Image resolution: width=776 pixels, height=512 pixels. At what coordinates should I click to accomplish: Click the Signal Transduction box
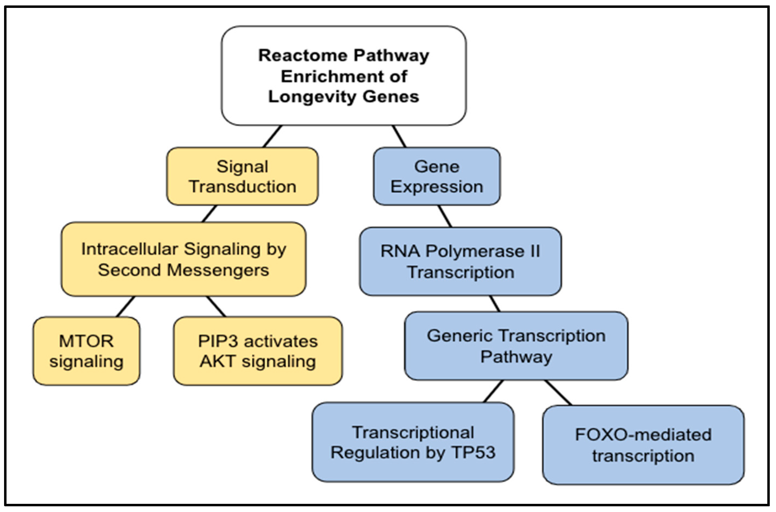pos(242,176)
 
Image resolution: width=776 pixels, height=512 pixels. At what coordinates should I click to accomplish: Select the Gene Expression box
pos(437,176)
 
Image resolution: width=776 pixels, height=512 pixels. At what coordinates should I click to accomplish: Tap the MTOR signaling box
pos(86,351)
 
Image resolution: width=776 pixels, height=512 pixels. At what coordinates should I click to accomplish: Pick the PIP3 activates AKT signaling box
pos(258,351)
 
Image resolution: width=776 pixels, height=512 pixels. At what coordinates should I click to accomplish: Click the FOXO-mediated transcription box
pos(643,445)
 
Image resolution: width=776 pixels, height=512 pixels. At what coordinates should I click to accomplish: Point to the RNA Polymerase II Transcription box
pos(460,261)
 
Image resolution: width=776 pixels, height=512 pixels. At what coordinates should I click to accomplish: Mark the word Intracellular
pos(130,249)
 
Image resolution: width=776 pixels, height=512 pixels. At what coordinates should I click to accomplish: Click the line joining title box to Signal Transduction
pos(272,136)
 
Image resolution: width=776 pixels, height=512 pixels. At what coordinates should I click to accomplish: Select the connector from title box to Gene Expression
pos(399,136)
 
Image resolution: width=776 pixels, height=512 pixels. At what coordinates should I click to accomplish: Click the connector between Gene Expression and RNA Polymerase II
pos(445,216)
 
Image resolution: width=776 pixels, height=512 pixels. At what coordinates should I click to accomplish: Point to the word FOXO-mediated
pos(643,435)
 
